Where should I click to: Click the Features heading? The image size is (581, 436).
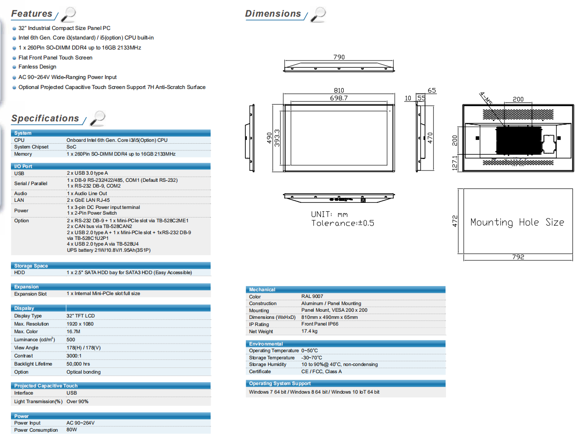[32, 13]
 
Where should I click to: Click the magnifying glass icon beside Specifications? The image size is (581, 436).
[97, 119]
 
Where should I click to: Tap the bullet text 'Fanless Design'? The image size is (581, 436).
[37, 67]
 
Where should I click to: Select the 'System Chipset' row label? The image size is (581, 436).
[31, 147]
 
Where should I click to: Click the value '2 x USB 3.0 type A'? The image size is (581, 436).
[87, 173]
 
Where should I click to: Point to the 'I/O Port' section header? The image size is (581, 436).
[23, 166]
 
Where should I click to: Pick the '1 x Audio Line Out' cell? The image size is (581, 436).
[87, 194]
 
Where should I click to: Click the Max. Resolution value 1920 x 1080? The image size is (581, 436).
[80, 324]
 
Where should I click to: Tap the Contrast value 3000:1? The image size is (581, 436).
[74, 356]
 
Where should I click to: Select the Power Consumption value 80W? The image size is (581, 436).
[71, 430]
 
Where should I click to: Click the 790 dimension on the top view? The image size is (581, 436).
[339, 57]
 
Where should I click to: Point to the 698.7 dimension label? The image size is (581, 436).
[339, 98]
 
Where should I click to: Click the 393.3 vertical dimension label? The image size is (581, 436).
[277, 138]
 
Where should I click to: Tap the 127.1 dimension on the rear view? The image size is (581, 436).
[455, 163]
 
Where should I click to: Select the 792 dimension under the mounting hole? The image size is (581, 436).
[518, 257]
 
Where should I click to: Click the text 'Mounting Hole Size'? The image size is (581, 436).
[517, 222]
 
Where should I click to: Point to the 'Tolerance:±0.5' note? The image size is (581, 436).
[342, 223]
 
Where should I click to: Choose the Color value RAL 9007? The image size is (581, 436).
[312, 297]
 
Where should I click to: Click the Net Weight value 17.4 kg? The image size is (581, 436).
[309, 331]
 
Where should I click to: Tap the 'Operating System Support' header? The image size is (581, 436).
[280, 384]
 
